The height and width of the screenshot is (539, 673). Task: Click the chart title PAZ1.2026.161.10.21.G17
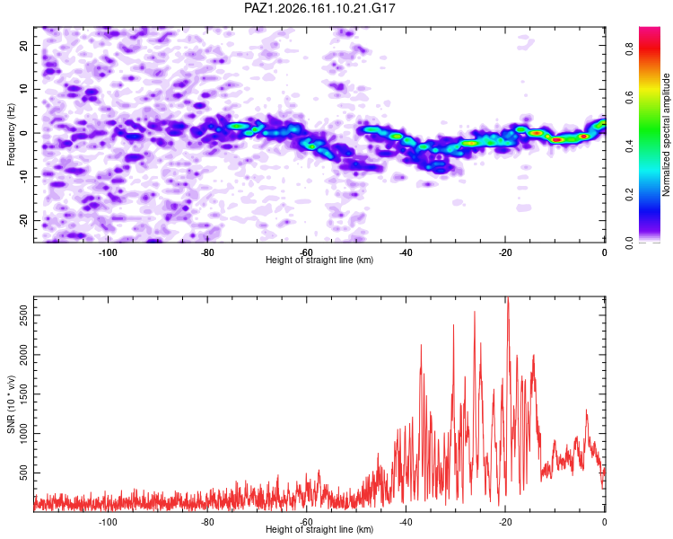(319, 8)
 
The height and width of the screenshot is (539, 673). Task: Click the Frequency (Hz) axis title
(11, 135)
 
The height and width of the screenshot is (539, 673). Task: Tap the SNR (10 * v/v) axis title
(11, 404)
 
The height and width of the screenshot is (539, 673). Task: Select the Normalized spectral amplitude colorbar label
(666, 135)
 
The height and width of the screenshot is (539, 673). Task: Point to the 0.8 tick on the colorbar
(629, 49)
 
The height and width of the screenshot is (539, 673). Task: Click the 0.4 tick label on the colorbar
(629, 146)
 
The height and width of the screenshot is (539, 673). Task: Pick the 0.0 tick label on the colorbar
(629, 243)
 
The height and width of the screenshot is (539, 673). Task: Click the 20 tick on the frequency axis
(24, 45)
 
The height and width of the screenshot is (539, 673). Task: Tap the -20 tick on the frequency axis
(24, 220)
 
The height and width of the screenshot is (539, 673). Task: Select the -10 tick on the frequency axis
(24, 177)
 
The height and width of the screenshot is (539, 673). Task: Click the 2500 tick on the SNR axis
(24, 315)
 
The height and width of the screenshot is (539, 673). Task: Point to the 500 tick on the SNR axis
(24, 473)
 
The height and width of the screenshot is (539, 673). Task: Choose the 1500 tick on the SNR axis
(24, 394)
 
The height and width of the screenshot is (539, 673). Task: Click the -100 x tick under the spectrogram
(108, 252)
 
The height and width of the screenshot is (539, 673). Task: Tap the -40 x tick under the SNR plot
(406, 522)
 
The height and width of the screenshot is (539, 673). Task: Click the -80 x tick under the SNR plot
(207, 522)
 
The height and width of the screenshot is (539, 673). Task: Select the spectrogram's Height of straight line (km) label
(319, 260)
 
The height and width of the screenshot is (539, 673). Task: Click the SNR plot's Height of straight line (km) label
(319, 529)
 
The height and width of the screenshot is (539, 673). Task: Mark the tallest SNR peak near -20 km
(508, 298)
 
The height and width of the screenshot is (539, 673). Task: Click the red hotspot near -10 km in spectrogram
(556, 140)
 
